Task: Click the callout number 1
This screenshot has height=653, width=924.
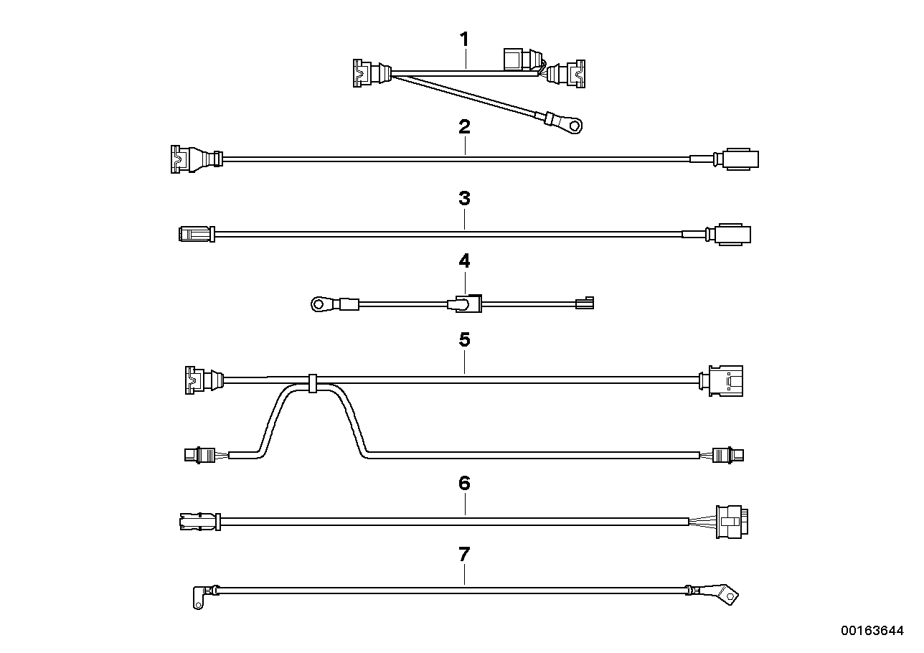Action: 464,39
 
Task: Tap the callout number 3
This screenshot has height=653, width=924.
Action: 464,198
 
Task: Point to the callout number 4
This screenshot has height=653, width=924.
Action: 464,261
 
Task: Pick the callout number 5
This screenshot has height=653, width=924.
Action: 464,339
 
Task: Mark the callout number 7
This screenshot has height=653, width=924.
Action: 464,554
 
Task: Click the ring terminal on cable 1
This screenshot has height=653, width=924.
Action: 572,127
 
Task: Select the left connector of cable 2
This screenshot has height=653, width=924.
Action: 188,158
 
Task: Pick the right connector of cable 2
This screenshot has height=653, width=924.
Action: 741,159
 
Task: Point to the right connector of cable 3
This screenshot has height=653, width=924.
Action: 730,234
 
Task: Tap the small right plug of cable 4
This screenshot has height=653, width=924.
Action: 585,304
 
